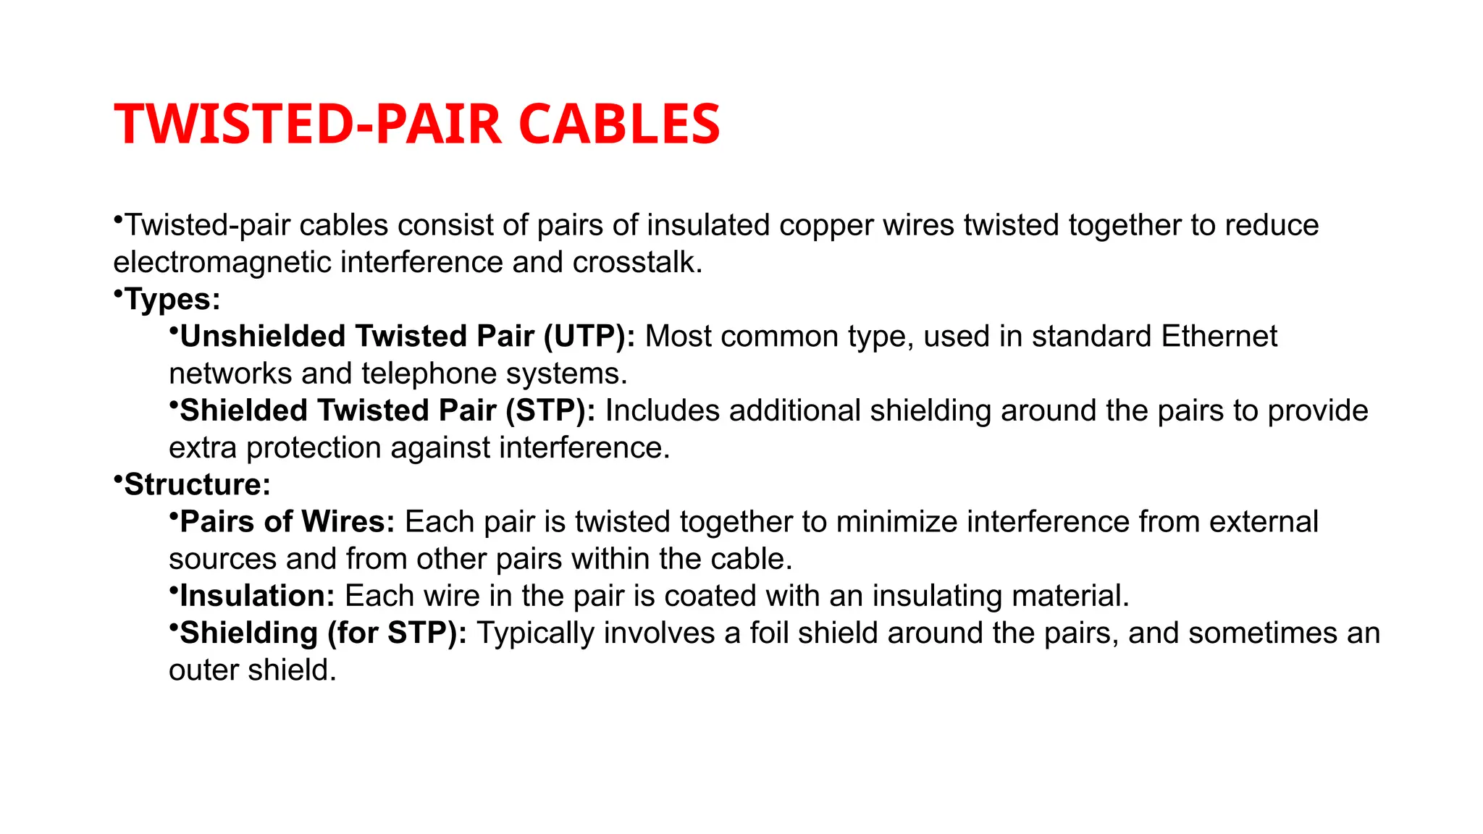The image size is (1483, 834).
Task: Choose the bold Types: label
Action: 172,299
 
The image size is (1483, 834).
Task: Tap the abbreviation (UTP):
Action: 589,337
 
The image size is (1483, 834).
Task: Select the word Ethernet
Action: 1219,337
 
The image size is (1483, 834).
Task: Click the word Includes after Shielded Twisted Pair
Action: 662,410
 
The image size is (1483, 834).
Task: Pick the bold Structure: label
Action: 197,484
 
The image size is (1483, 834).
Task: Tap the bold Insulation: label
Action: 257,596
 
